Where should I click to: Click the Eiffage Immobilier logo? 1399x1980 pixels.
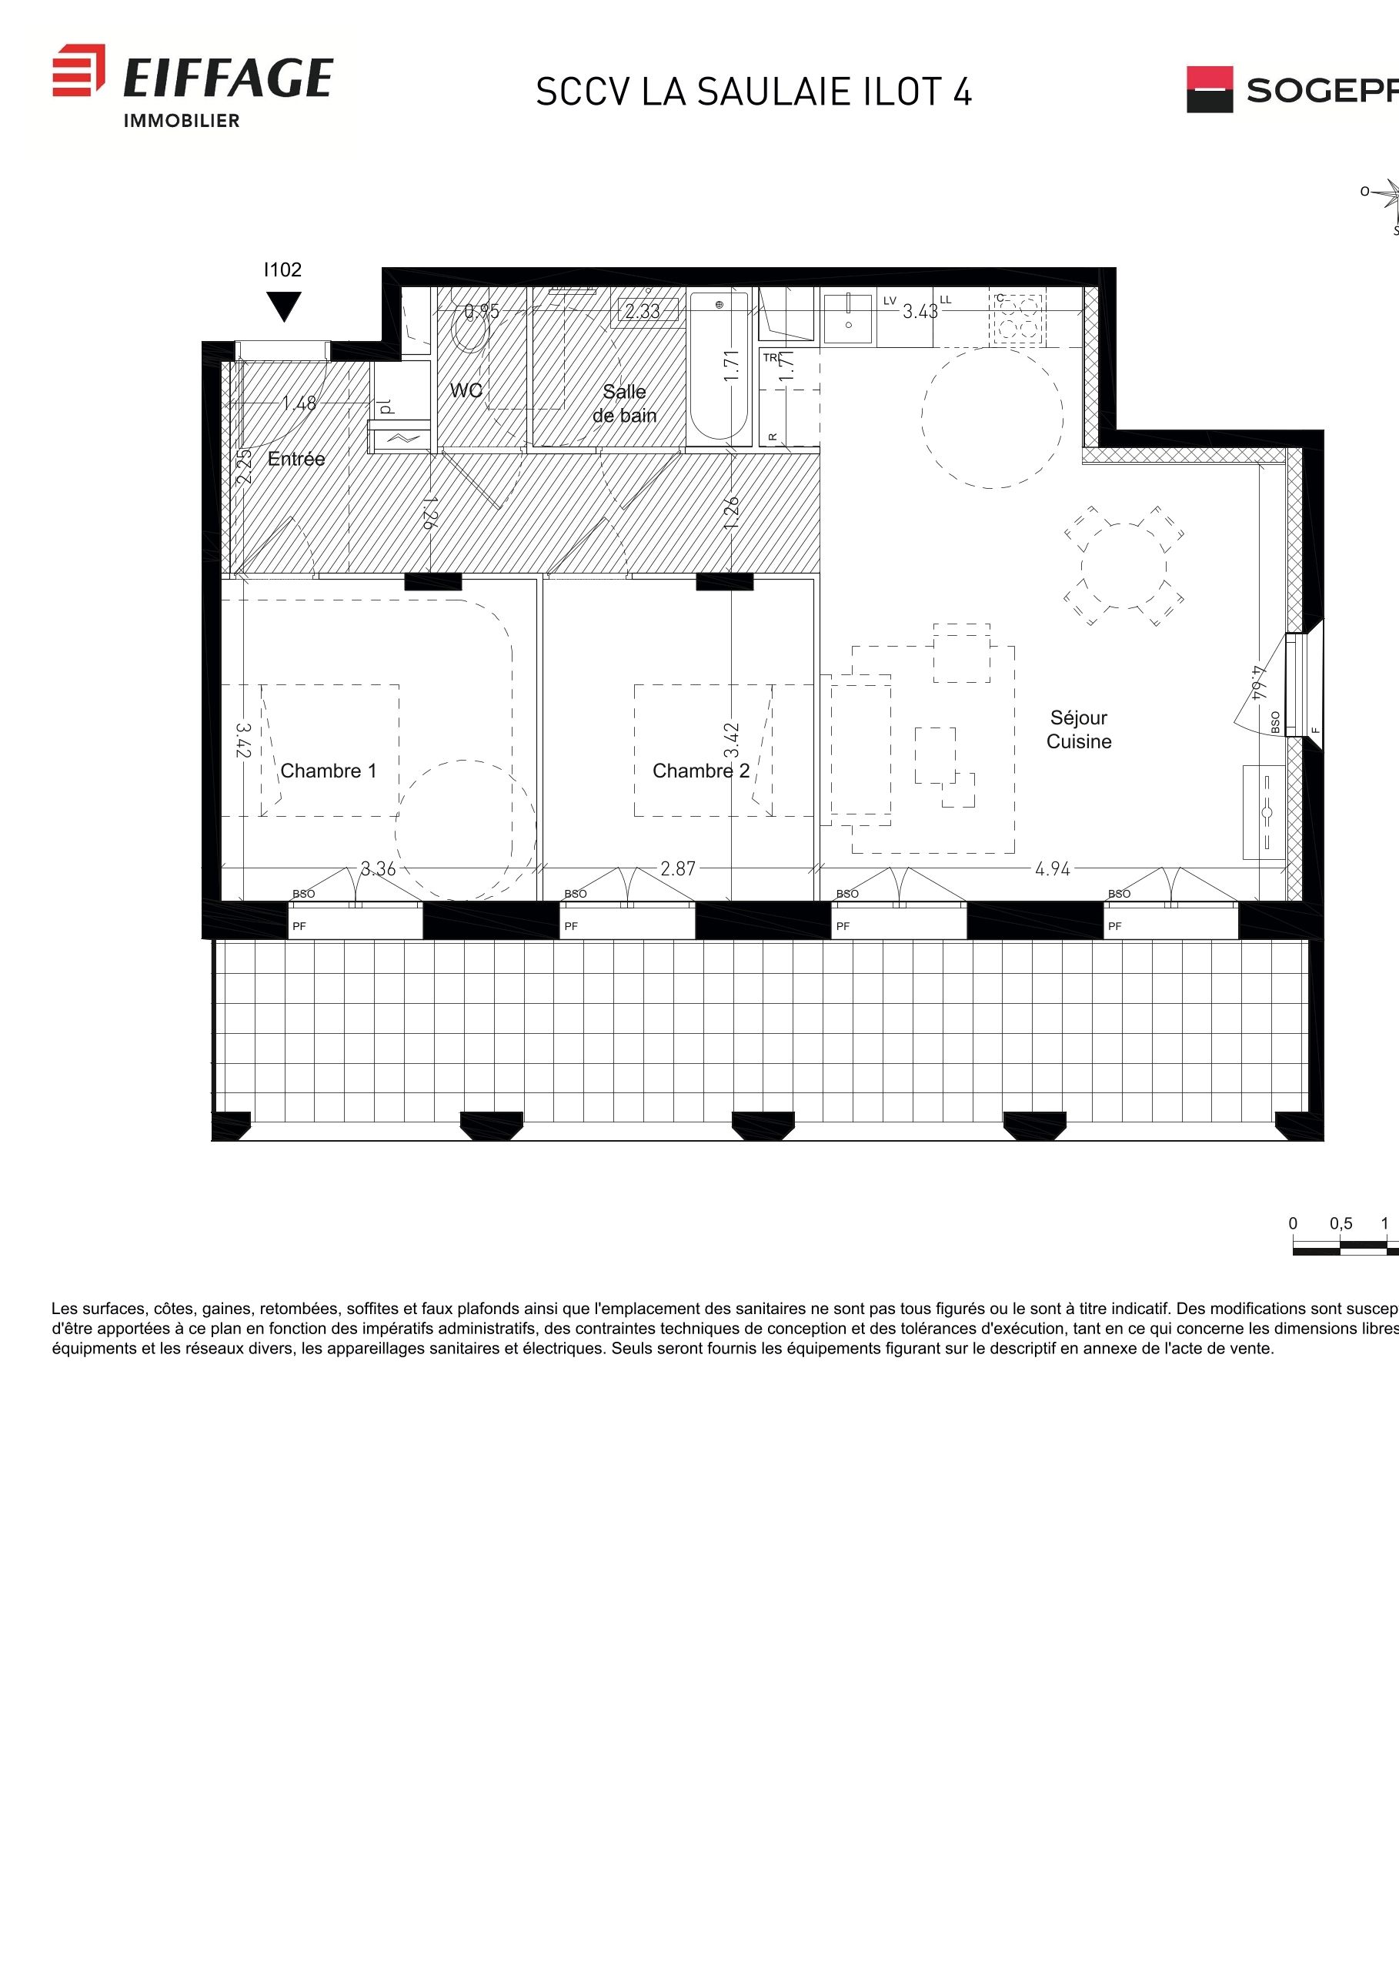tap(192, 85)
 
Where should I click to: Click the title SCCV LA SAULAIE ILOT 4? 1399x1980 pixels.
tap(753, 92)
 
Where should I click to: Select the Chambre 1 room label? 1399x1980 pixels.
tap(329, 771)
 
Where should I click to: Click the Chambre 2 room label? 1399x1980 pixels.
tap(700, 771)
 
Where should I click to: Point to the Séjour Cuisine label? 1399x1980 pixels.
tap(1078, 730)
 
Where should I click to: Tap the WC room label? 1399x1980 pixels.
tap(466, 390)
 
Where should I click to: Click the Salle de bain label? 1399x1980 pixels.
tap(624, 403)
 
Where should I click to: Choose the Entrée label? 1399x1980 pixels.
tap(295, 459)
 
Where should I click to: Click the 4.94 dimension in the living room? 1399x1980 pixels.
tap(1052, 869)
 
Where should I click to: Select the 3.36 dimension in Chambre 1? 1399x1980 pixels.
tap(378, 869)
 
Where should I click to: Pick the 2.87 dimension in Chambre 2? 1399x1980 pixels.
tap(677, 869)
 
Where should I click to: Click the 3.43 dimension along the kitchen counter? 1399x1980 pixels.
tap(920, 311)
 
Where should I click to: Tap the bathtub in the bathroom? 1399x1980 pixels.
tap(719, 366)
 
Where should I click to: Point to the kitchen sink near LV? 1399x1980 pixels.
tap(848, 318)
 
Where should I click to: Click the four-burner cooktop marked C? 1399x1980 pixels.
tap(1018, 319)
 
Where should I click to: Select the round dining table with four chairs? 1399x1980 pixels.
tap(1124, 566)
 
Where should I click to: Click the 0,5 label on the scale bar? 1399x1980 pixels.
tap(1341, 1224)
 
